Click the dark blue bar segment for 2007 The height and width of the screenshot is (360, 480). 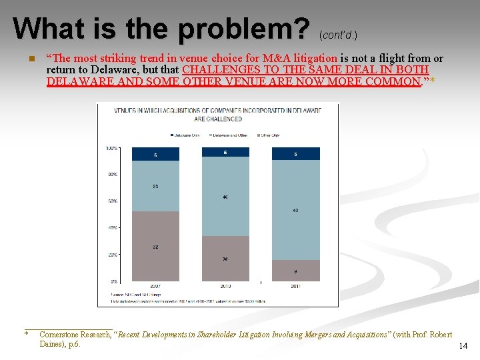coord(156,154)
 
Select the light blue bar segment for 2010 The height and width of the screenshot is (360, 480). coord(225,197)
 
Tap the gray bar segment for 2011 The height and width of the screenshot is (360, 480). coord(295,270)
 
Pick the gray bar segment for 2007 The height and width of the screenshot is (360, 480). coord(156,246)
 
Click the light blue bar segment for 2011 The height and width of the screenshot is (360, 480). coord(295,210)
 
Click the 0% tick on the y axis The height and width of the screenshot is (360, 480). coord(114,281)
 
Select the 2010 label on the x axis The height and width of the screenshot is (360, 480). coord(225,287)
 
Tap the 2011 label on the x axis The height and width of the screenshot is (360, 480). coord(295,287)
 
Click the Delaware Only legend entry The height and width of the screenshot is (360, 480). coord(186,135)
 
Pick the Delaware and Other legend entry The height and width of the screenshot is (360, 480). coord(228,135)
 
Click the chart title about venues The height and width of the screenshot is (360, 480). coord(217,114)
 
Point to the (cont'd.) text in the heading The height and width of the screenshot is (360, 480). coord(343,33)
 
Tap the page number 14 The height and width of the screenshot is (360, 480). coord(463,345)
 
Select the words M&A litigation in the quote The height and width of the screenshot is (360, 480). coord(300,59)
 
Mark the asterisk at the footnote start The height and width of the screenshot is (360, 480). coord(26,334)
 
